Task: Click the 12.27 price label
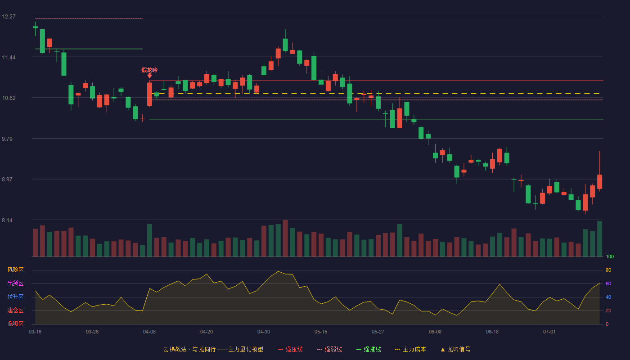(9, 17)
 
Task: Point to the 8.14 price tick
(7, 220)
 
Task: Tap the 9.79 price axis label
(7, 139)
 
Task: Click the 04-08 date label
(149, 332)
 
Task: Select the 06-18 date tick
(492, 332)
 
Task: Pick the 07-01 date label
(549, 332)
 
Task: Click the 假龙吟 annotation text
(149, 70)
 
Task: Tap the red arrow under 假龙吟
(149, 76)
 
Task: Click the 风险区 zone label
(15, 270)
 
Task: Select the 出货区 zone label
(15, 283)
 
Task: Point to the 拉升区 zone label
(15, 297)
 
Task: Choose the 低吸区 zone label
(15, 324)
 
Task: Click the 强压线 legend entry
(290, 349)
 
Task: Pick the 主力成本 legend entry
(410, 349)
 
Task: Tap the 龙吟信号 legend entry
(455, 349)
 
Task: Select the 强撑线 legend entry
(369, 349)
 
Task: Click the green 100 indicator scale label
(610, 256)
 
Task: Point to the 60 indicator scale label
(608, 283)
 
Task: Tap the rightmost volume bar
(599, 239)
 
